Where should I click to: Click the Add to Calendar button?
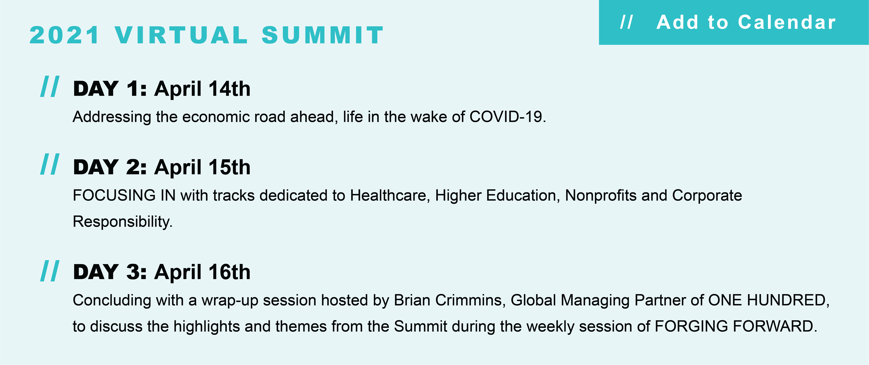pyautogui.click(x=734, y=22)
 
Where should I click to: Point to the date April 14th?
pyautogui.click(x=202, y=89)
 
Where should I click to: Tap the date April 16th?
pyautogui.click(x=202, y=272)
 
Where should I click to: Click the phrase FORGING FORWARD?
pyautogui.click(x=736, y=326)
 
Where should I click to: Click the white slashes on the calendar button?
pyautogui.click(x=626, y=22)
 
